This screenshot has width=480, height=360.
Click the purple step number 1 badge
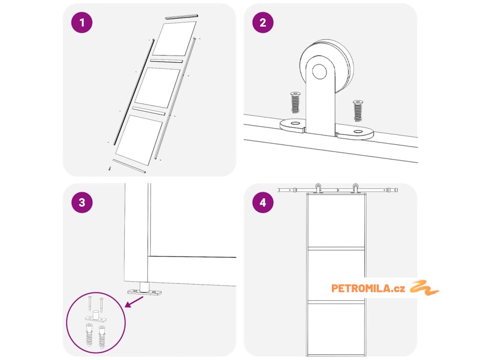(x=82, y=23)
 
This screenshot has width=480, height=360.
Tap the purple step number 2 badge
(x=262, y=23)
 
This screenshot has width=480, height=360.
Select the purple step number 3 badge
(x=82, y=202)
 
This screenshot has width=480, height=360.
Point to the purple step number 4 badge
(x=262, y=202)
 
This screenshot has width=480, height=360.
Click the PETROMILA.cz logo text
(x=368, y=288)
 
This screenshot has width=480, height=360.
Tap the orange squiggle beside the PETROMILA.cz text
(x=424, y=287)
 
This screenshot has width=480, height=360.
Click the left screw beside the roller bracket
(x=295, y=102)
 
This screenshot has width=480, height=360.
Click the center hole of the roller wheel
(x=320, y=72)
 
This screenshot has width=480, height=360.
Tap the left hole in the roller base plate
(x=293, y=124)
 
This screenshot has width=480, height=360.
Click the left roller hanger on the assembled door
(x=318, y=188)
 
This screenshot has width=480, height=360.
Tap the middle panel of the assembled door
(x=336, y=274)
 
